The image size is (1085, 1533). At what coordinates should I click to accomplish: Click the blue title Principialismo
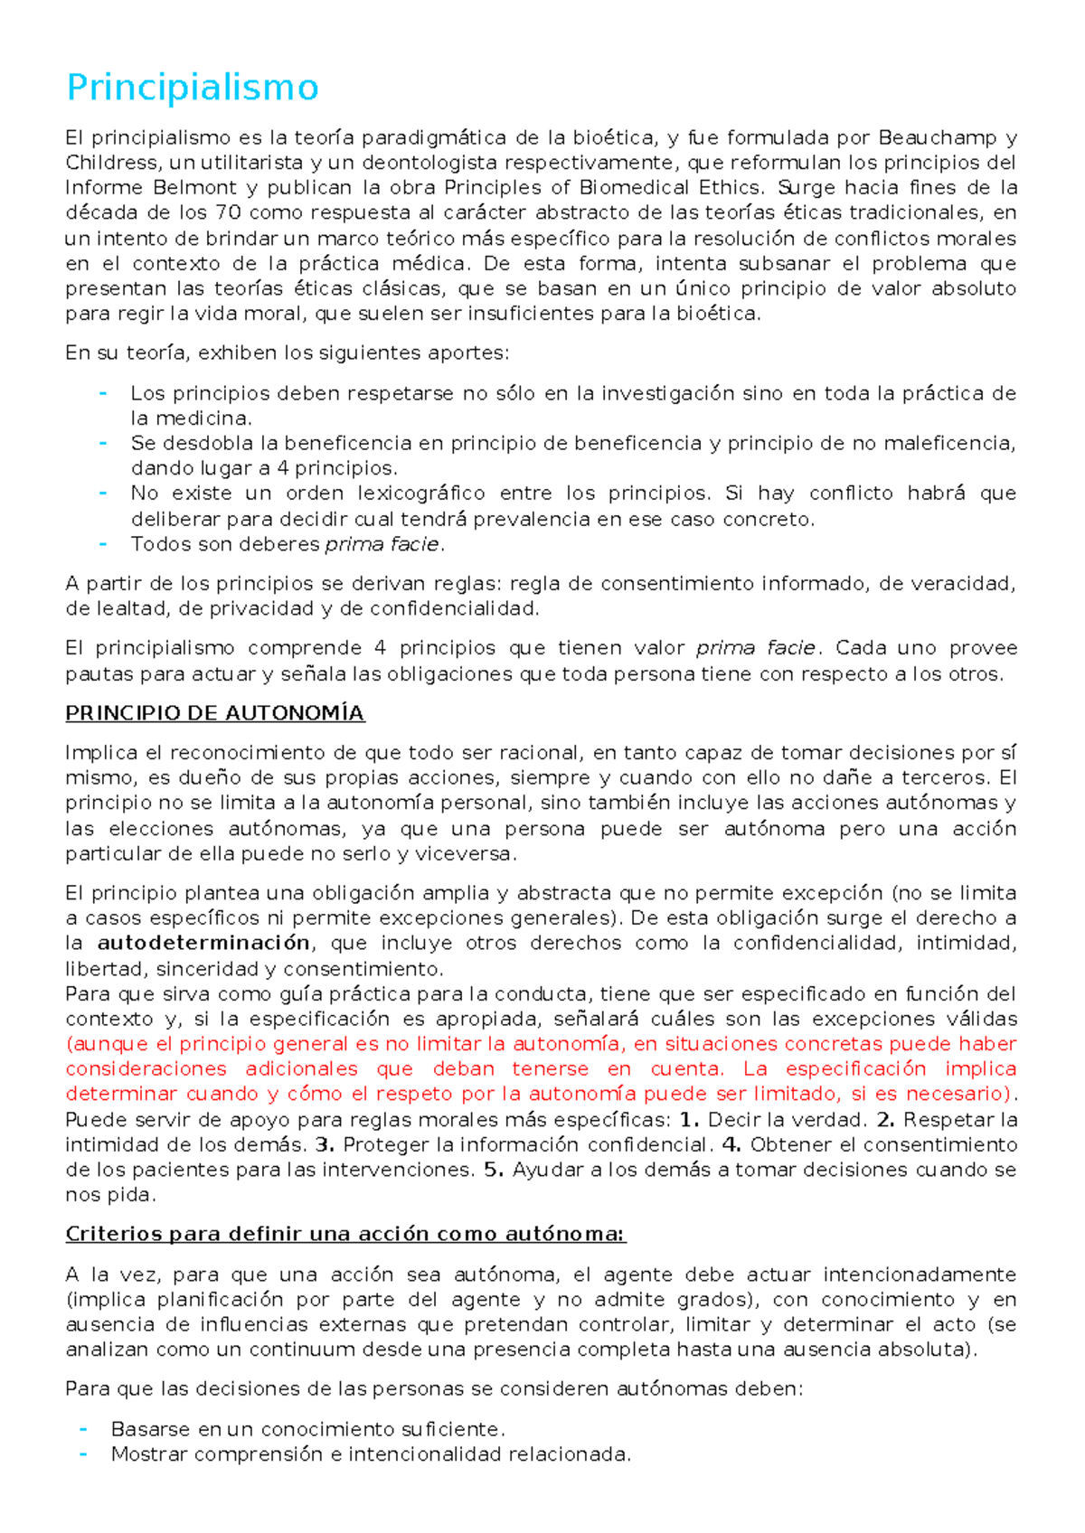(193, 89)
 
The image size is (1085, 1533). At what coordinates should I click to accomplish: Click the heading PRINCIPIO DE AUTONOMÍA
(214, 713)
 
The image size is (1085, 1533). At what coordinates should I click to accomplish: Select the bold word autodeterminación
(203, 943)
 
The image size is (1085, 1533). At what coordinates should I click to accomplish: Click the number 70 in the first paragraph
(226, 213)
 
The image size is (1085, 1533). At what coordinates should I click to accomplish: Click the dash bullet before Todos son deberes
(103, 543)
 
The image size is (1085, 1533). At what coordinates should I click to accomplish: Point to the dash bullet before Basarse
(83, 1428)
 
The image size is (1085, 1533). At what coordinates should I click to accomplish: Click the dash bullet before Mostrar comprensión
(83, 1453)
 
